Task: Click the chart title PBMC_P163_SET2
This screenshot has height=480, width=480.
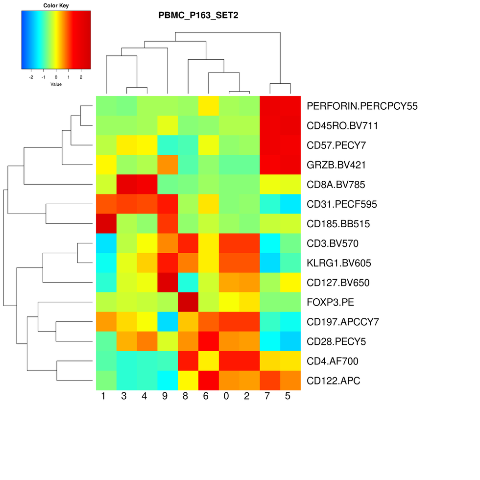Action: click(x=198, y=15)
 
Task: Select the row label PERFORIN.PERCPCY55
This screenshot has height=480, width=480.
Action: click(x=362, y=106)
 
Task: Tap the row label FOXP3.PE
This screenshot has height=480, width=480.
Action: click(x=330, y=302)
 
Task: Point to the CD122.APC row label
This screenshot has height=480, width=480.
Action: click(x=333, y=381)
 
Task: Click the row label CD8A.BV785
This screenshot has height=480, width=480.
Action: click(x=336, y=185)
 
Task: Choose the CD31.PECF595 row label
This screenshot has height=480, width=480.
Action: click(x=342, y=204)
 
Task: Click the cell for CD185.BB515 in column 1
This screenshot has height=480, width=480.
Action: click(x=105, y=224)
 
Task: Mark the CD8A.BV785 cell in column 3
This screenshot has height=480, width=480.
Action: click(x=126, y=185)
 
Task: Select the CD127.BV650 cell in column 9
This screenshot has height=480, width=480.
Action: click(x=167, y=283)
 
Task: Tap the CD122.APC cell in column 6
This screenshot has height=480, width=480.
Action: click(x=208, y=381)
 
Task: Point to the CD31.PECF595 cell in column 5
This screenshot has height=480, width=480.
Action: click(x=290, y=204)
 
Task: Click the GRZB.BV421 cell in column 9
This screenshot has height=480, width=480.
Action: click(x=167, y=165)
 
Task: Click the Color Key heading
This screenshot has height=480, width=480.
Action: click(x=56, y=6)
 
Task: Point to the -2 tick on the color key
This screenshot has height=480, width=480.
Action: click(x=31, y=77)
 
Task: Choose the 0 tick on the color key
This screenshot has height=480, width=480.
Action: click(x=56, y=77)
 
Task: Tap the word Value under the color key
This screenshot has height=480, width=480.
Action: click(x=56, y=84)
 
